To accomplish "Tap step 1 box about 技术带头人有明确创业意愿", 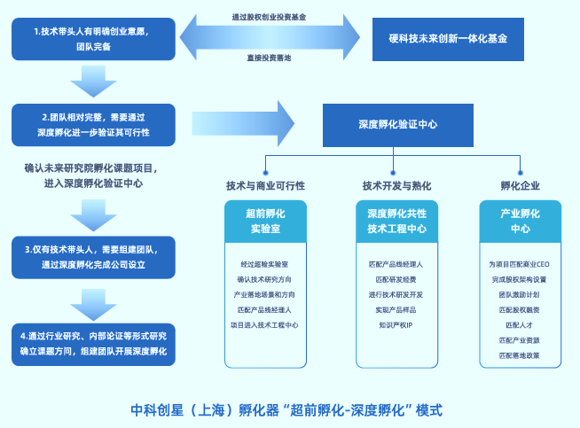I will pos(93,39).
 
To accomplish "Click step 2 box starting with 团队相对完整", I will pos(93,125).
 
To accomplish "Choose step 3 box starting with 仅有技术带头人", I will pos(93,256).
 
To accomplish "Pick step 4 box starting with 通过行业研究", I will pos(93,343).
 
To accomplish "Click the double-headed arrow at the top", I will pos(270,38).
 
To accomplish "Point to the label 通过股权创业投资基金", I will pos(270,17).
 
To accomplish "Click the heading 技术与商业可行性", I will pos(265,186).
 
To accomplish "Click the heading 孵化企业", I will pos(520,186).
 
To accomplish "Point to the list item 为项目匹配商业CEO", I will pos(520,264).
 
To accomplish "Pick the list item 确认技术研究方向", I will pos(265,279).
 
